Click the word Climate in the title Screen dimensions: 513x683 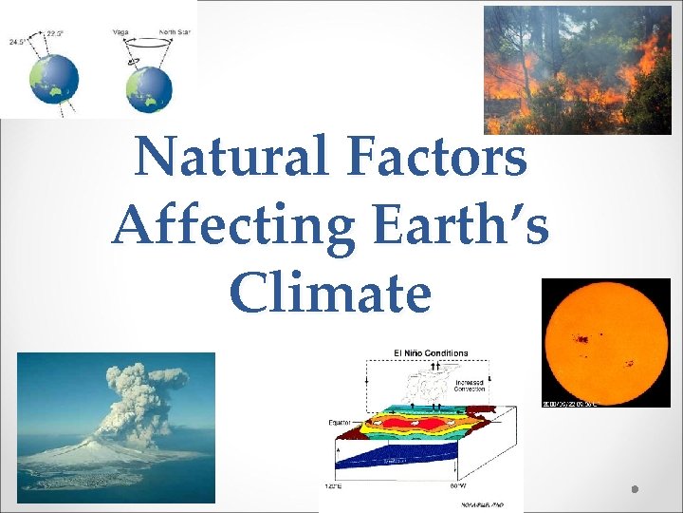[x=330, y=294]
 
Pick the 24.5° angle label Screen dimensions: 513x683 [x=18, y=43]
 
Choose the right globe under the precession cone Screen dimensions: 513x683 [x=149, y=88]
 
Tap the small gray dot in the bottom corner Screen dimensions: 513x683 [x=634, y=489]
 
